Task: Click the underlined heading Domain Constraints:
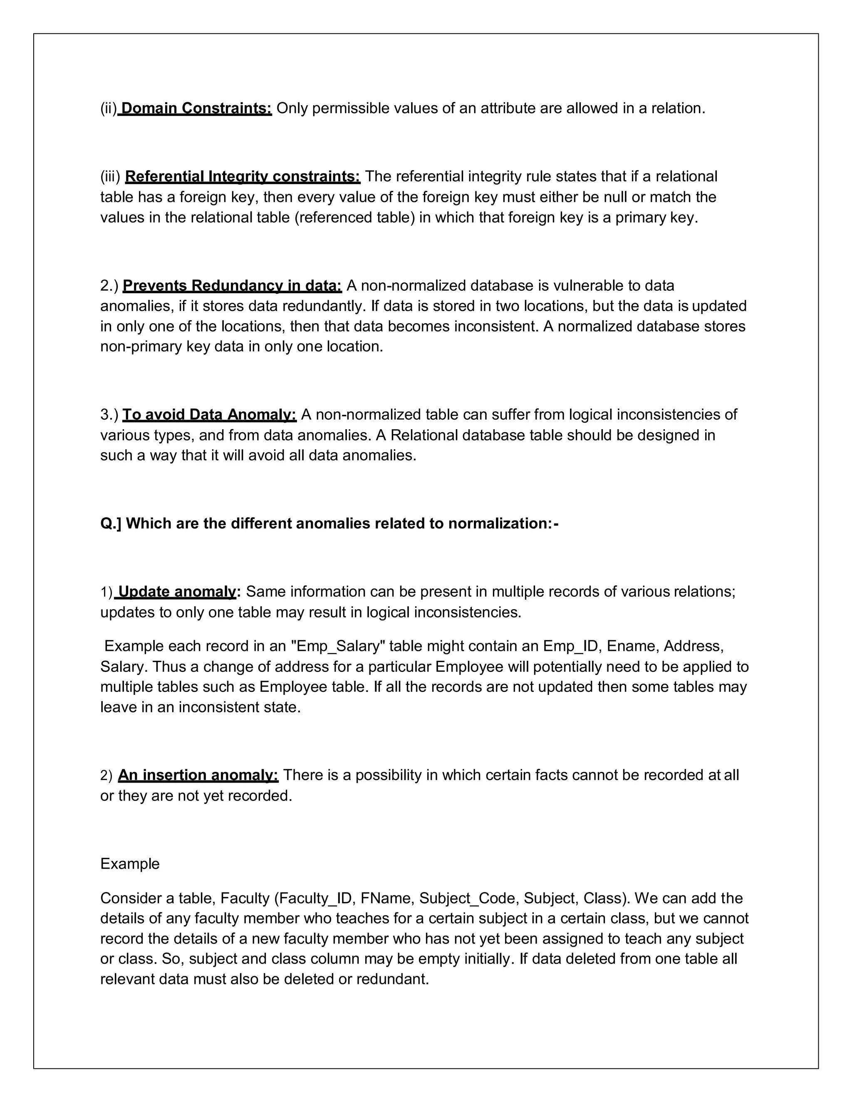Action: [196, 108]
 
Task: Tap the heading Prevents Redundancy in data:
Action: [232, 286]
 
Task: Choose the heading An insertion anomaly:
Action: [198, 775]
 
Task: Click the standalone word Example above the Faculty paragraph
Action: [130, 864]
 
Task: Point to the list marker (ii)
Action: [108, 108]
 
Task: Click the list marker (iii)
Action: [110, 177]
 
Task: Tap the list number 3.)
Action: [109, 415]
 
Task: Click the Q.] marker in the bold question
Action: [111, 524]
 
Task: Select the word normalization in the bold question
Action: [497, 524]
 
